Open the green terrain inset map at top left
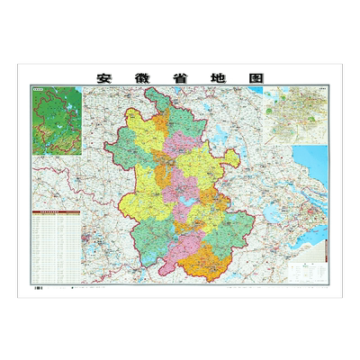[53, 116]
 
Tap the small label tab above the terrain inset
[41, 88]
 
